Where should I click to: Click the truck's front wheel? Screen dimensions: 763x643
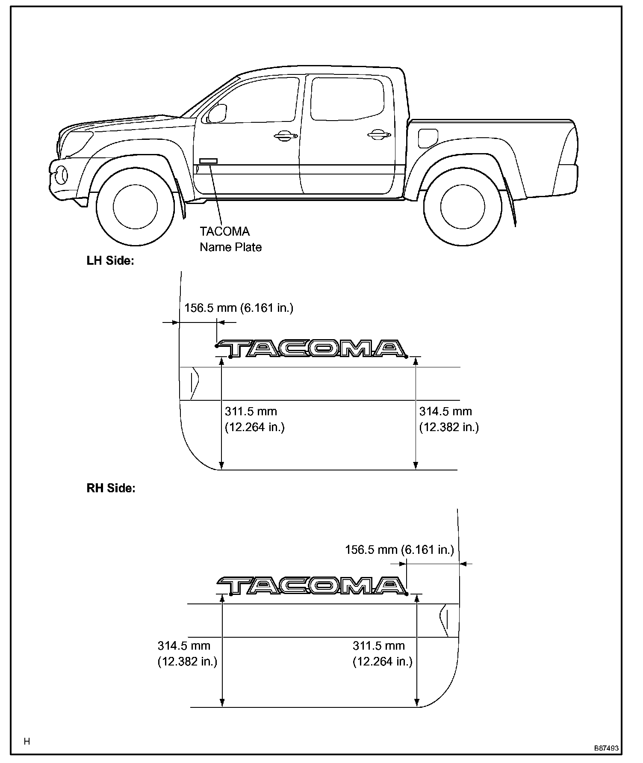[135, 207]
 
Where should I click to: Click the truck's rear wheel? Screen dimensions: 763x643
[463, 207]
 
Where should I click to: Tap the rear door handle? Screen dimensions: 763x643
[379, 135]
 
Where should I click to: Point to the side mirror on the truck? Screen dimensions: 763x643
[217, 114]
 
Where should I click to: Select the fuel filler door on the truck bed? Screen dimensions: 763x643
[428, 138]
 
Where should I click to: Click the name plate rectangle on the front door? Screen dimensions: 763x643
[208, 161]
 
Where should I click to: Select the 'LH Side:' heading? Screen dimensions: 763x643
[110, 261]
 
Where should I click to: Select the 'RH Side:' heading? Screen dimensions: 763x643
[111, 488]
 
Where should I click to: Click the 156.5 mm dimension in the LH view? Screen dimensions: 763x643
[239, 308]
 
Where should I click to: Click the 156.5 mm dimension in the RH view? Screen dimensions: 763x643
[399, 550]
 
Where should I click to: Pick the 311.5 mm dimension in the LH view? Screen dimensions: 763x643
[254, 419]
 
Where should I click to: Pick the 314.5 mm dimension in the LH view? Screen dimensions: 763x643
[448, 419]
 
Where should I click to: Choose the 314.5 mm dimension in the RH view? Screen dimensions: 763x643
[187, 653]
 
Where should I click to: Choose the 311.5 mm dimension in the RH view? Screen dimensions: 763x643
[382, 653]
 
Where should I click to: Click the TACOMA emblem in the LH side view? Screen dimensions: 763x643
[311, 349]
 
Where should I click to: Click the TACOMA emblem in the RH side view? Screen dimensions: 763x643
[311, 586]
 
